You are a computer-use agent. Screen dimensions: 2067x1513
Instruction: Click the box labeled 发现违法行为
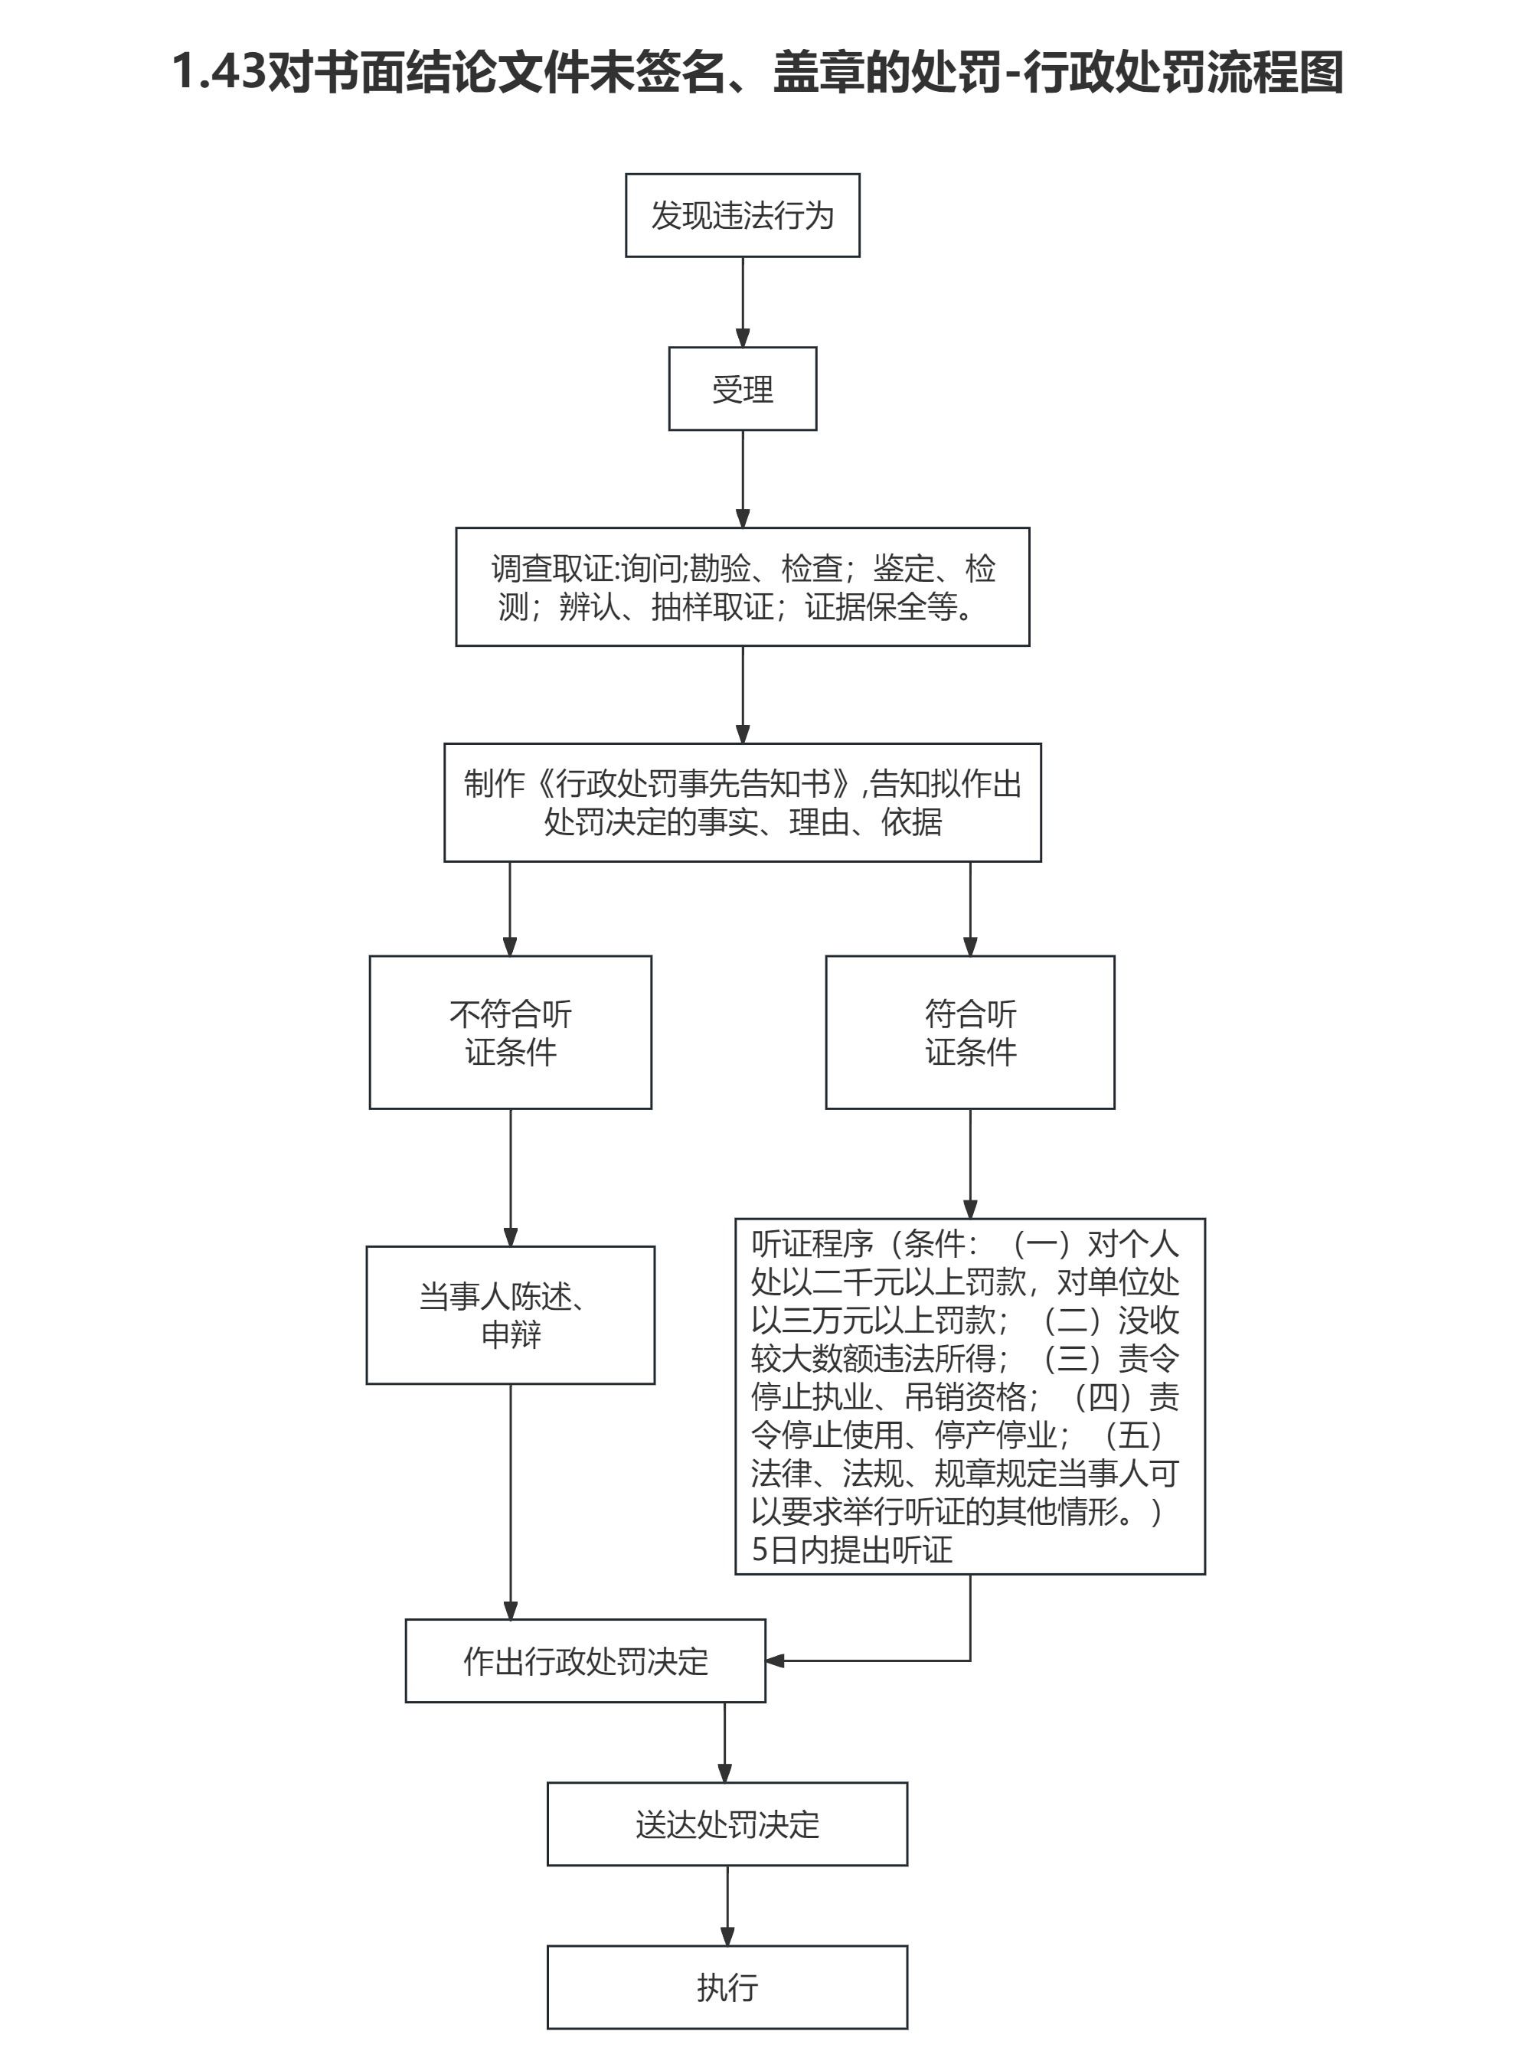[x=742, y=215]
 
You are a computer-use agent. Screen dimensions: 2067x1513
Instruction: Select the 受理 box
[x=742, y=388]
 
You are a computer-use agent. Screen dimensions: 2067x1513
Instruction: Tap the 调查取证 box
[x=742, y=586]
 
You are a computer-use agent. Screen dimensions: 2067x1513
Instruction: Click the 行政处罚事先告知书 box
[x=742, y=802]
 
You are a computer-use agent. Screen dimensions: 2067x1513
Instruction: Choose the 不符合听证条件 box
[x=510, y=1032]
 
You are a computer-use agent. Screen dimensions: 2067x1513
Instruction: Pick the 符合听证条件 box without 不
[x=970, y=1032]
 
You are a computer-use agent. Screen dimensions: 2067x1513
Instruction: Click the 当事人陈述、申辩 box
[x=510, y=1315]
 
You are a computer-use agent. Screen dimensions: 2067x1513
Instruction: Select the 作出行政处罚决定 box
[x=585, y=1660]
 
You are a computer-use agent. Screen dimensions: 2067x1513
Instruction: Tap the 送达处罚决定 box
[x=727, y=1824]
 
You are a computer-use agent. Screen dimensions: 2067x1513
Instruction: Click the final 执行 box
[x=727, y=1987]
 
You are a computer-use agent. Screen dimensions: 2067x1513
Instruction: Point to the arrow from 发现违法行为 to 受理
[x=743, y=302]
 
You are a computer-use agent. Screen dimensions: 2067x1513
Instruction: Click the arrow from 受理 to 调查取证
[x=743, y=478]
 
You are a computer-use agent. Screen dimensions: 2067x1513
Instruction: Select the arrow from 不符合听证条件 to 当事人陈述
[x=510, y=1177]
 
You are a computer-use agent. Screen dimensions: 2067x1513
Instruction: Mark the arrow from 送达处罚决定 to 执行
[x=727, y=1905]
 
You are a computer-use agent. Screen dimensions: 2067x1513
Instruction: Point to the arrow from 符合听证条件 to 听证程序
[x=970, y=1163]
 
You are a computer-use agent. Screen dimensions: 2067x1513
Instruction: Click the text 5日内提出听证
[x=851, y=1550]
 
